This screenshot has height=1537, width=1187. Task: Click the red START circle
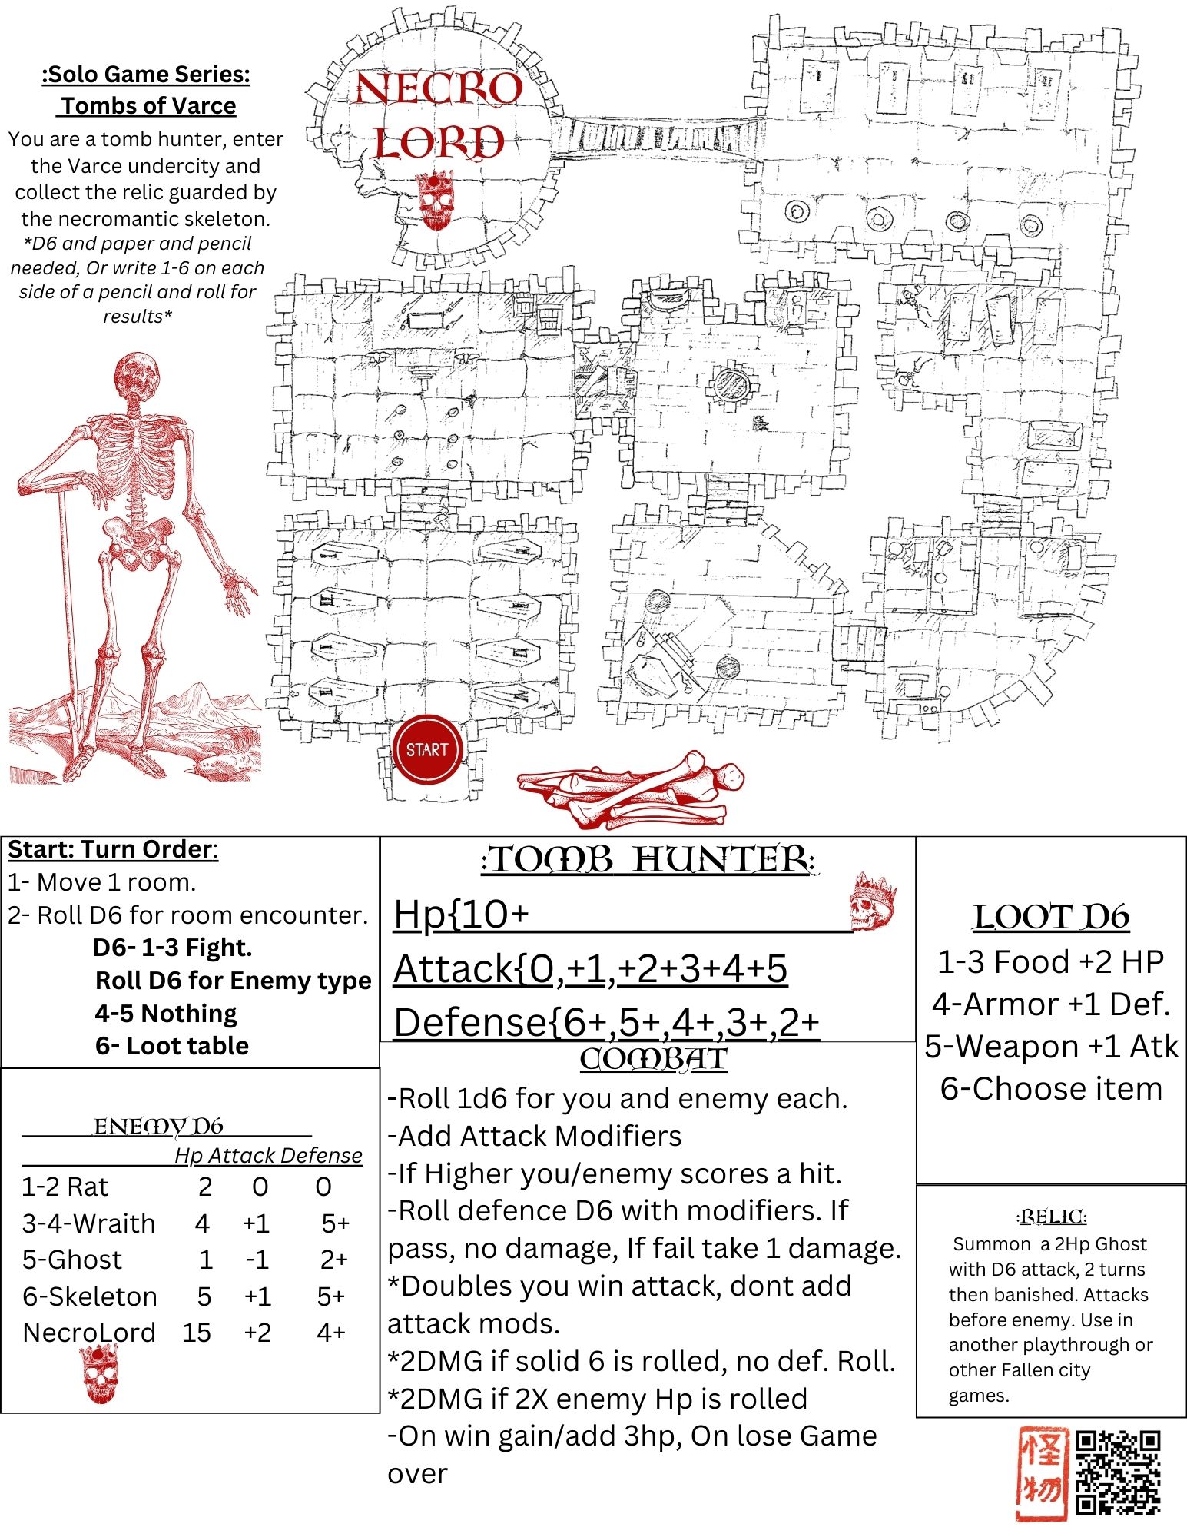pyautogui.click(x=428, y=749)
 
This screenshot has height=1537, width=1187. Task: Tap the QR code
pyautogui.click(x=1118, y=1472)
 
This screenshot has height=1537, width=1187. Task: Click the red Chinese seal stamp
pyautogui.click(x=1043, y=1472)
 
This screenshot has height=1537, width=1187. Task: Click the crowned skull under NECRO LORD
pyautogui.click(x=434, y=201)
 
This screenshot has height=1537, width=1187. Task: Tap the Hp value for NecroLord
pyautogui.click(x=197, y=1332)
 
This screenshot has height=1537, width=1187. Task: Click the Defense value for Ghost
pyautogui.click(x=334, y=1259)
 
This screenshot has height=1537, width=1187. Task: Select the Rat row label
pyautogui.click(x=65, y=1187)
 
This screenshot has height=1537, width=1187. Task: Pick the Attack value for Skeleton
pyautogui.click(x=257, y=1296)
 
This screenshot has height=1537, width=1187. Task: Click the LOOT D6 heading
pyautogui.click(x=1051, y=917)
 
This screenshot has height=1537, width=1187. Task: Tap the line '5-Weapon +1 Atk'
pyautogui.click(x=1051, y=1046)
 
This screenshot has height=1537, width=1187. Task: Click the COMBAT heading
pyautogui.click(x=653, y=1059)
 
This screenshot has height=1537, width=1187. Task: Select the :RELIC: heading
pyautogui.click(x=1051, y=1217)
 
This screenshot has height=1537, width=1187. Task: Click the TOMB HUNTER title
pyautogui.click(x=649, y=859)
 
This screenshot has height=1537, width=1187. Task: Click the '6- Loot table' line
pyautogui.click(x=172, y=1045)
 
